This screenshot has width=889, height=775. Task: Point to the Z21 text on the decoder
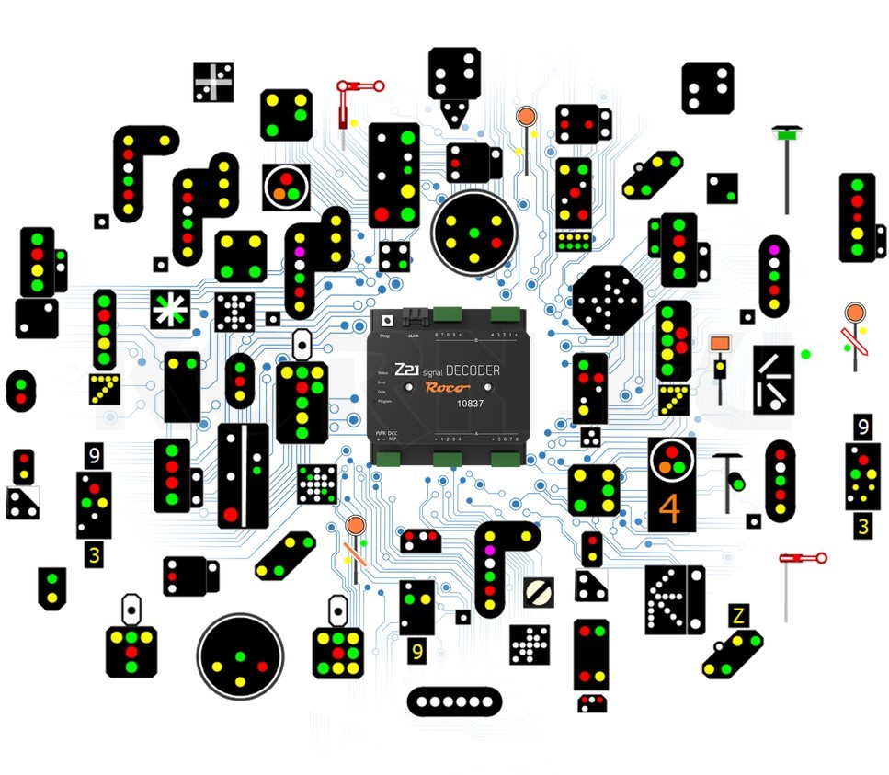click(405, 370)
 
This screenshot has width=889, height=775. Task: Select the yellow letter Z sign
click(737, 616)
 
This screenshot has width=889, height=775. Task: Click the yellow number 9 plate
click(417, 651)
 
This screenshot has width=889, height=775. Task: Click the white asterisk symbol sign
click(171, 308)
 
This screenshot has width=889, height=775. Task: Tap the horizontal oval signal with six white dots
click(454, 701)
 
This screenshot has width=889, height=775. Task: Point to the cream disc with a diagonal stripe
click(539, 593)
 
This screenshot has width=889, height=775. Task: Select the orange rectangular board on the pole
click(719, 344)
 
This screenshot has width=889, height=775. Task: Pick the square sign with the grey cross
click(213, 83)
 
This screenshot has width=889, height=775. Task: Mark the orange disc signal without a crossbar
click(525, 117)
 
